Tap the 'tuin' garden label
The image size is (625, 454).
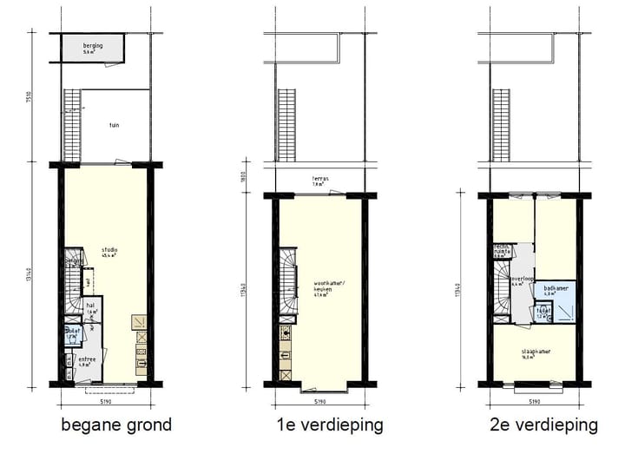114,126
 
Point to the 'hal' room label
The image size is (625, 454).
90,306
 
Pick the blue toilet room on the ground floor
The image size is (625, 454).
72,335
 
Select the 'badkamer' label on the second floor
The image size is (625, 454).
556,290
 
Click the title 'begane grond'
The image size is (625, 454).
116,425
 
